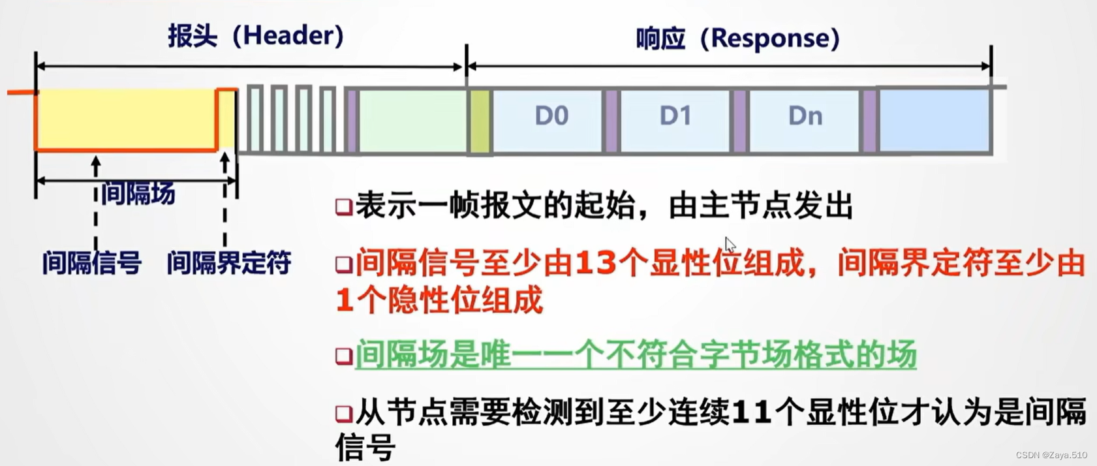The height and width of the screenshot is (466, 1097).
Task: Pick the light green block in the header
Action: coord(412,121)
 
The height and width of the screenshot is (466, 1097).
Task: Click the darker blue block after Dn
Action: coord(935,121)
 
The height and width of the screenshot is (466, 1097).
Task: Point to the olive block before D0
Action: coord(480,122)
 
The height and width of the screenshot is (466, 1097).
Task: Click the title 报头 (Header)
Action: coord(255,35)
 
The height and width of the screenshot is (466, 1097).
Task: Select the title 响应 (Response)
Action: coord(737,39)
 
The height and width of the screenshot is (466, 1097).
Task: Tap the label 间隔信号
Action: coord(92,263)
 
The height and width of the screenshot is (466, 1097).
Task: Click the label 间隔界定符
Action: coord(228,263)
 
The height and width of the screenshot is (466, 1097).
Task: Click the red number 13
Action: coord(596,264)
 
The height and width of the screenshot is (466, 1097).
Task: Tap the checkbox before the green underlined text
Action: coord(343,356)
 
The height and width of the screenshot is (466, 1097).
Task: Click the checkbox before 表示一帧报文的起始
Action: coord(343,207)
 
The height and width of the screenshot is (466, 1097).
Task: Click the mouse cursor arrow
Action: coord(730,245)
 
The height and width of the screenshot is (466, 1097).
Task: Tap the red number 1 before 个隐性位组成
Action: coord(344,301)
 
